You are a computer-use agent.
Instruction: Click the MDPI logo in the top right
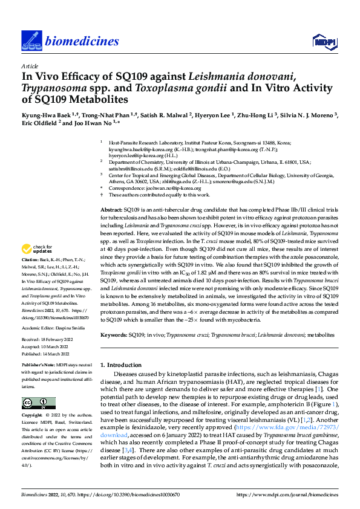coord(323,41)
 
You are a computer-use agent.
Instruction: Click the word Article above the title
coord(29,65)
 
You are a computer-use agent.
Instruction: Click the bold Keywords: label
coord(115,334)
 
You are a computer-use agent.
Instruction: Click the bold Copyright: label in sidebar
coord(34,415)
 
